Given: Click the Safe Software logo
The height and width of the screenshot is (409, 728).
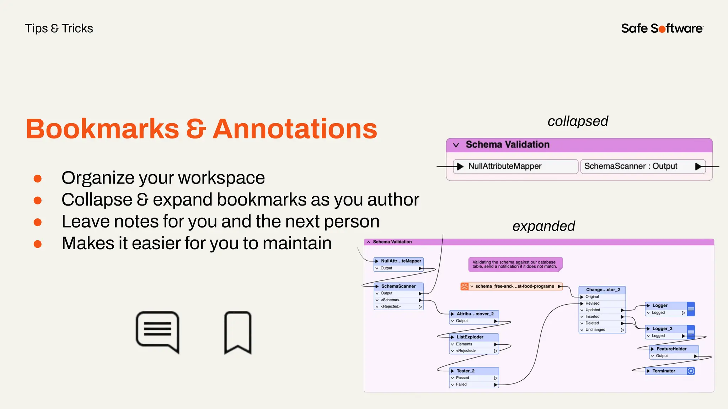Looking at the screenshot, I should (x=662, y=28).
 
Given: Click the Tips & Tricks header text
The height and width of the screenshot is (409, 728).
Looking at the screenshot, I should (x=59, y=28).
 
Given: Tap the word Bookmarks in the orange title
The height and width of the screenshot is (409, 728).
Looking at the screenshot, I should (x=102, y=129).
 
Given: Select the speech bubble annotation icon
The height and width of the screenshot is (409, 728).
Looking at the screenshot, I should (x=157, y=332).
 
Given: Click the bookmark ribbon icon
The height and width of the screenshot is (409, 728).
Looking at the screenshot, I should (x=238, y=333).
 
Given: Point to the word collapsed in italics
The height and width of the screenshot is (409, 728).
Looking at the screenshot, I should (x=578, y=121).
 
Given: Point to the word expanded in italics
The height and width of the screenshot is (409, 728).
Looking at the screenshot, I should (x=544, y=226).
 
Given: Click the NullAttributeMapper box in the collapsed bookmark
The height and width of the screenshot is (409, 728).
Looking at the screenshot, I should (x=515, y=166).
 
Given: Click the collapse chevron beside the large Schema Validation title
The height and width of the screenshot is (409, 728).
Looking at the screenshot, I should (x=456, y=145).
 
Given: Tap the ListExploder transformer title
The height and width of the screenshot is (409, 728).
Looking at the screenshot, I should (x=470, y=337).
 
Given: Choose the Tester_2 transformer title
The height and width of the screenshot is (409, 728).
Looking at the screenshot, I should (x=466, y=371).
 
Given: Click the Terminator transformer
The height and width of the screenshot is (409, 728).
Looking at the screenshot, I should (x=664, y=371).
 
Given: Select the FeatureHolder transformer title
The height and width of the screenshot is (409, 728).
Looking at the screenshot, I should (x=671, y=349).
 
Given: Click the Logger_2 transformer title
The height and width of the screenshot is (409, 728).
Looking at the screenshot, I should (x=662, y=328).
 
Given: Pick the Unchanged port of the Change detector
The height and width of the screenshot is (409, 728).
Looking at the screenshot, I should (x=595, y=329).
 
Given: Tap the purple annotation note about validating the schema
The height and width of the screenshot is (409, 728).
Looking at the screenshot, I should (x=515, y=265).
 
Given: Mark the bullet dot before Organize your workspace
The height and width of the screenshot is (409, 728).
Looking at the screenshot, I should (x=38, y=178).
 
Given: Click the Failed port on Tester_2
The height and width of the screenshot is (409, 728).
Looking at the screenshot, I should (x=461, y=384).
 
